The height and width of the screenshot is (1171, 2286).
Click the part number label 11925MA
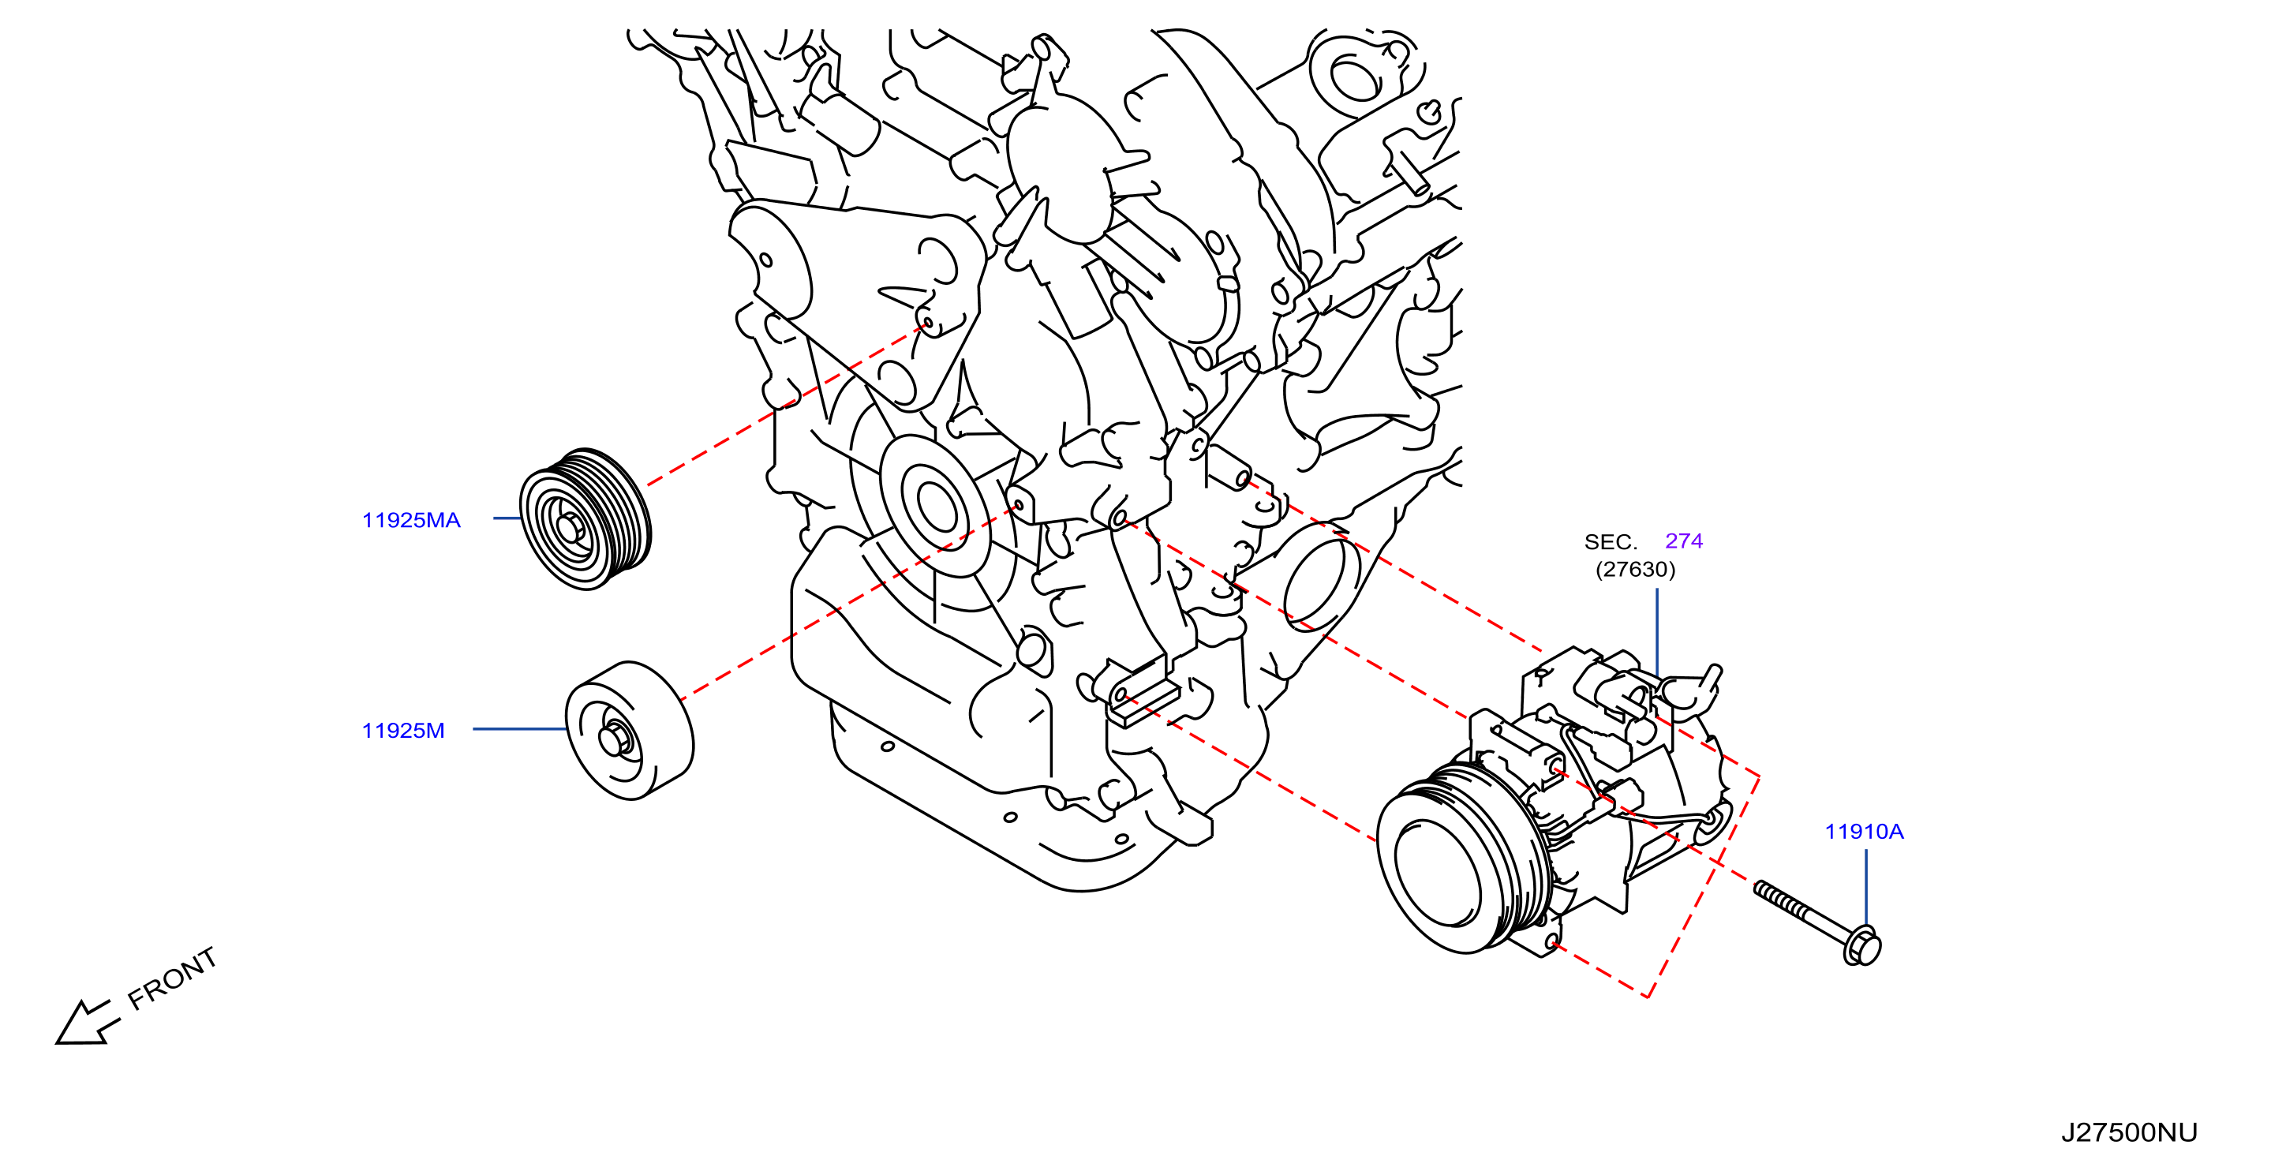tap(411, 520)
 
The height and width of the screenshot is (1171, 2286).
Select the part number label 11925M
tap(403, 730)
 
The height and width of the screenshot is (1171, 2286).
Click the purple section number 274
tap(1683, 541)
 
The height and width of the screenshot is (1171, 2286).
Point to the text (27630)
tap(1636, 569)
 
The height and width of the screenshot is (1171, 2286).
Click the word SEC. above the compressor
tap(1611, 541)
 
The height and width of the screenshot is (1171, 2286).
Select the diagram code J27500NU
tap(2129, 1132)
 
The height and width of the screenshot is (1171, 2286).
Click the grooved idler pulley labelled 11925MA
tap(585, 519)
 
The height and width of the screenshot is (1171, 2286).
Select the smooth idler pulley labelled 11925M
tap(629, 730)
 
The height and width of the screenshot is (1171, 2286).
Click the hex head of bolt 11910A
tap(1861, 945)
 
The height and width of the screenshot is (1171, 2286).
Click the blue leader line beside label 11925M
tap(519, 729)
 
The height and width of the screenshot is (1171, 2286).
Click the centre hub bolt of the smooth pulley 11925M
tap(615, 738)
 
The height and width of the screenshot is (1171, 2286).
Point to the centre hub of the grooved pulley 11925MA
tap(569, 528)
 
